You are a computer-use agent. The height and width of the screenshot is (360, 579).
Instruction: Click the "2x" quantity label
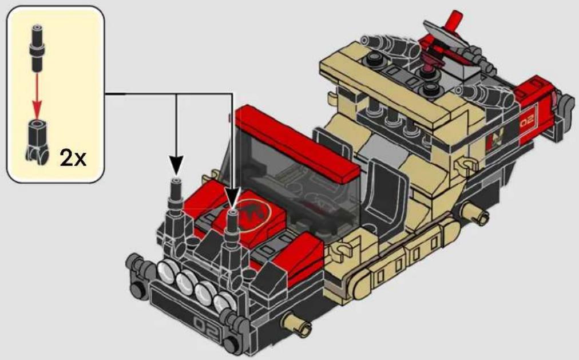(73, 158)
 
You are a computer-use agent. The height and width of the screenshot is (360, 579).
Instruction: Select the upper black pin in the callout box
(37, 48)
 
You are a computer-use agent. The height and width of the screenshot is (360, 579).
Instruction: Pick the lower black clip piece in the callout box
(37, 141)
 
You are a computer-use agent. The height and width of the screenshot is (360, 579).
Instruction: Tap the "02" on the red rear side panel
(528, 121)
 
